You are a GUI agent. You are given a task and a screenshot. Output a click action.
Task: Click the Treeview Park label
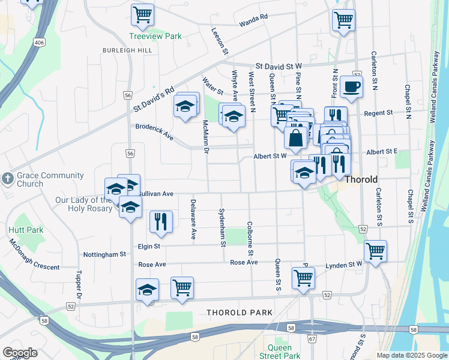(x=155, y=37)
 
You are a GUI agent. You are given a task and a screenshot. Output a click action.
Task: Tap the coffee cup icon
(x=351, y=86)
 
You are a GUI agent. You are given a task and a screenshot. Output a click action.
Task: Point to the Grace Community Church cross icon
(x=7, y=178)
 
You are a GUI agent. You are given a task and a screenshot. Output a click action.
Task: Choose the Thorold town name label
(x=361, y=179)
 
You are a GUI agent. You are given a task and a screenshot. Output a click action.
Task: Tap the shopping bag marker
(x=296, y=138)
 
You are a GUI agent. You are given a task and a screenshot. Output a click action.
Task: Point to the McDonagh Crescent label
(x=33, y=254)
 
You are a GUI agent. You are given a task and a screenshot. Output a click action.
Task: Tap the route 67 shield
(x=312, y=339)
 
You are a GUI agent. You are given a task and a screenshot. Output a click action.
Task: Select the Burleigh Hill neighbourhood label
(x=127, y=50)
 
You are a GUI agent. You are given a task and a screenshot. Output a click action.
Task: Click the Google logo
(x=20, y=353)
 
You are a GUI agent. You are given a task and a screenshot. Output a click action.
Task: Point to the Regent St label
(x=380, y=112)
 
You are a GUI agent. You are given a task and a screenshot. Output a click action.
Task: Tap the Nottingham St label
(x=105, y=254)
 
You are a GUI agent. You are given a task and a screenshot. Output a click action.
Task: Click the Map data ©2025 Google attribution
(x=412, y=355)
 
